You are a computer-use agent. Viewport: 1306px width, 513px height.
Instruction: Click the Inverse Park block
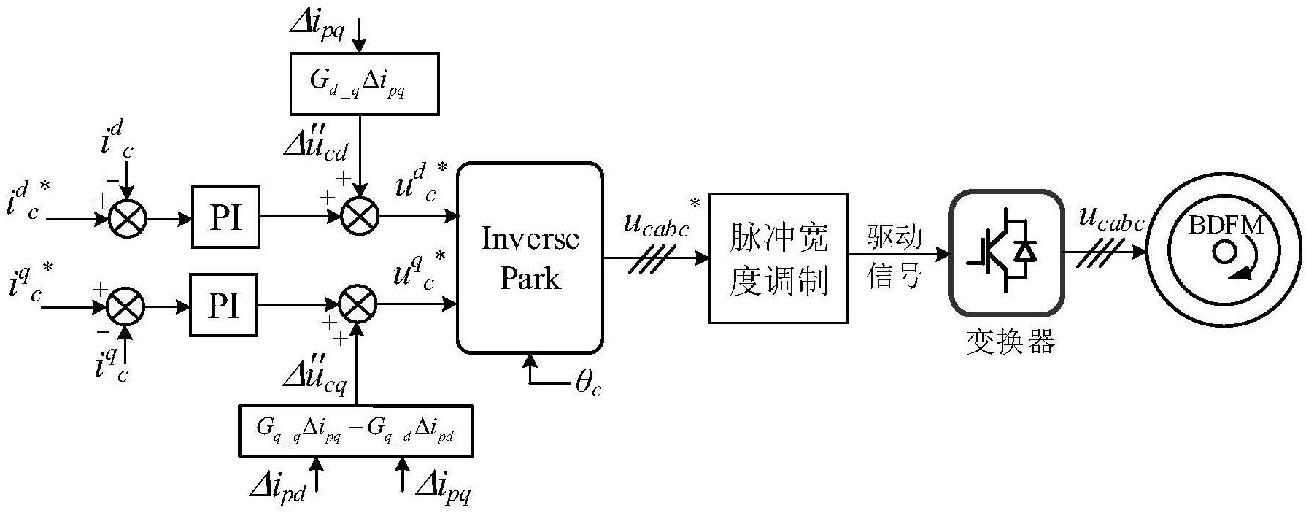[x=530, y=258]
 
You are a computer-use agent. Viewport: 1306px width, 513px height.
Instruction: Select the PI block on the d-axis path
[x=225, y=217]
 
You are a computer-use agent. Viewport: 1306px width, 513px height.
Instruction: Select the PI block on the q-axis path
[x=223, y=305]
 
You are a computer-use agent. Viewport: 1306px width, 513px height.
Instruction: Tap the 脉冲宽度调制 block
[x=778, y=258]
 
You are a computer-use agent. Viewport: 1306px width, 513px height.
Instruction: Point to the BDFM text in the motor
[x=1226, y=225]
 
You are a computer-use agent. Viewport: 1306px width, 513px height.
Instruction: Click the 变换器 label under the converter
[x=1011, y=342]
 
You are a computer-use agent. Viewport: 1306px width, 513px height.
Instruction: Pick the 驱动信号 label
[x=895, y=257]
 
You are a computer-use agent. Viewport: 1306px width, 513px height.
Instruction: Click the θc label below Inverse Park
[x=588, y=382]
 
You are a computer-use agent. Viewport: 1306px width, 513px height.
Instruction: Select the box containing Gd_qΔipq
[x=364, y=83]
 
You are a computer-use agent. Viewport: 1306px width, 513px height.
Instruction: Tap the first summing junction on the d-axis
[x=128, y=217]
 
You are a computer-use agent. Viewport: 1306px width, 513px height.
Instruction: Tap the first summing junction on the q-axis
[x=126, y=307]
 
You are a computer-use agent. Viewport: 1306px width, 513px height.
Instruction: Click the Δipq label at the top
[x=316, y=25]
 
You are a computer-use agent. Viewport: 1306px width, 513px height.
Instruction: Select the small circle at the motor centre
[x=1223, y=252]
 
